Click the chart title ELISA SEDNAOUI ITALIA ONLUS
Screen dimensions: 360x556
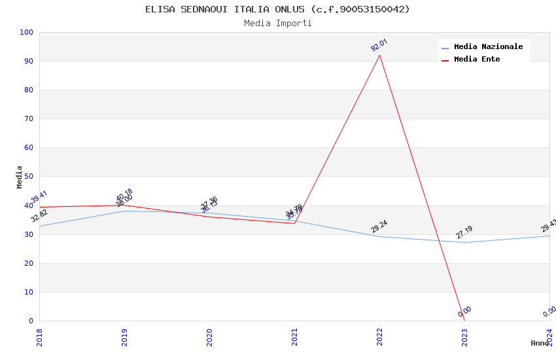(277, 9)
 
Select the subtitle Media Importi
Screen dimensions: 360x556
(277, 23)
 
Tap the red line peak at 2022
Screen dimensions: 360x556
(380, 55)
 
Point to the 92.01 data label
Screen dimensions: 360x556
(379, 45)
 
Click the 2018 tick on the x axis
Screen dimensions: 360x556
(39, 337)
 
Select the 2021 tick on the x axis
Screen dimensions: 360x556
(294, 337)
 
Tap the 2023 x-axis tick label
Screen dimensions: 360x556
(464, 337)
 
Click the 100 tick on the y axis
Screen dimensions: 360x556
(27, 33)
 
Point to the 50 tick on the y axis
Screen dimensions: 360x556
(29, 177)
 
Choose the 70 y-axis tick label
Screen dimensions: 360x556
(29, 119)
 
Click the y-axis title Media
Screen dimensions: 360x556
(19, 177)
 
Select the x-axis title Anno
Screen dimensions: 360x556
(540, 343)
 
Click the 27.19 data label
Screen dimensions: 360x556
(464, 232)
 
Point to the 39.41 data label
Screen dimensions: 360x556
(39, 197)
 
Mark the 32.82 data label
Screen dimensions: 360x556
(39, 215)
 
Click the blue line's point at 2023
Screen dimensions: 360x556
(465, 242)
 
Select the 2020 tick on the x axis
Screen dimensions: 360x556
(209, 337)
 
